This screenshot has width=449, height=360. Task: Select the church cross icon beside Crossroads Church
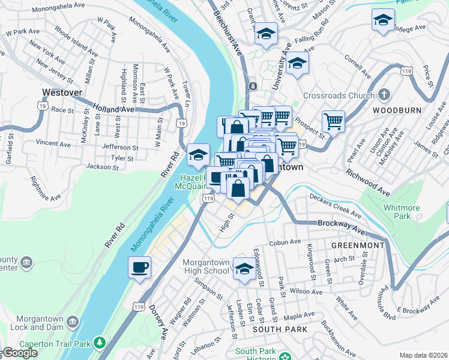[384, 95]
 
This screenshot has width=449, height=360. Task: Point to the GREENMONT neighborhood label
[358, 245]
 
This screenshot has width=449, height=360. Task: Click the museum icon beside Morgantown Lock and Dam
[73, 322]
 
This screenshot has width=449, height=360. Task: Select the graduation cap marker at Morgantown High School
[244, 269]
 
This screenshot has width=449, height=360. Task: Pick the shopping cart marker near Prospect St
[334, 121]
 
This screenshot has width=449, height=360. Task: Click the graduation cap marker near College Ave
[383, 20]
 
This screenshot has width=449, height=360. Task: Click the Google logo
[19, 353]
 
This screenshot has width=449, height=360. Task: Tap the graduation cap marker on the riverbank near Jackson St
[198, 155]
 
